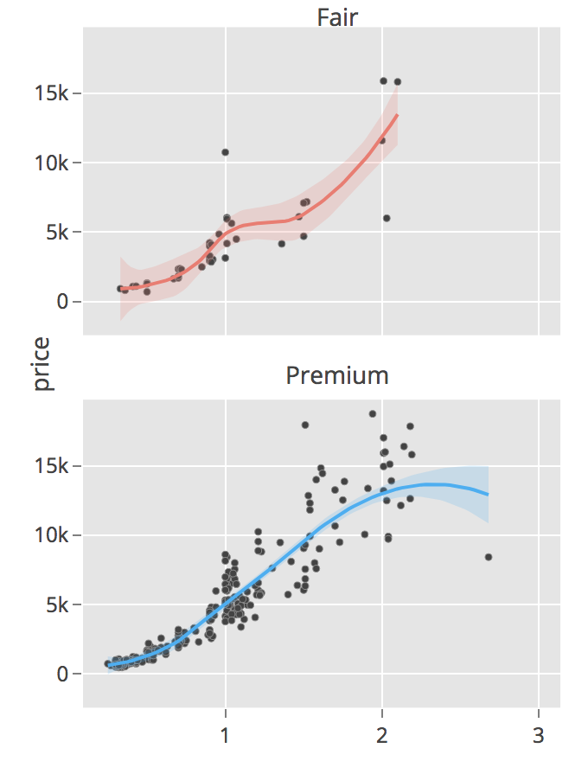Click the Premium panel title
337,375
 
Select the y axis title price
44,364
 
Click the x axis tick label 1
226,737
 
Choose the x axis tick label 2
382,737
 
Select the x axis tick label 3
539,737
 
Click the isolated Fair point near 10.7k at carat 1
225,152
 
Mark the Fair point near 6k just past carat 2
387,218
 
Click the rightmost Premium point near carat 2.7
489,557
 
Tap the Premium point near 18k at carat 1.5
305,425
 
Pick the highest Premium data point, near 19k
373,413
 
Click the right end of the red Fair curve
397,114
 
